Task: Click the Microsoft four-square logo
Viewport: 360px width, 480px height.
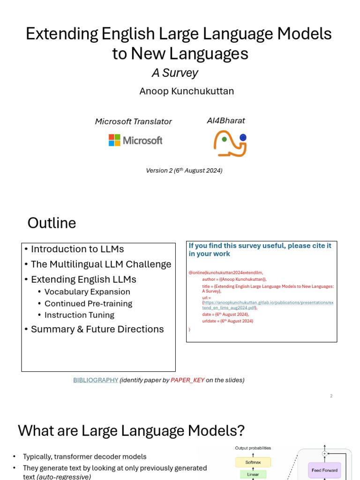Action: tap(114, 140)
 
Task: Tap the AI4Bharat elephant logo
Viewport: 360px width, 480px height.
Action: tap(230, 143)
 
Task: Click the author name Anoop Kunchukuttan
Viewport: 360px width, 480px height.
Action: tap(186, 91)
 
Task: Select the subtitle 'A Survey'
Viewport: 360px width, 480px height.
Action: tap(174, 73)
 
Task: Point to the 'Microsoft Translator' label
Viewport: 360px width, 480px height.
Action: tap(133, 121)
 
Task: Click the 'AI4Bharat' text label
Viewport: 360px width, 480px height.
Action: tap(225, 120)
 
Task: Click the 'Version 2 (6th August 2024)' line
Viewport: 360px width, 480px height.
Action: tap(184, 171)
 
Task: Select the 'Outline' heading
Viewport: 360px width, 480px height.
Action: tap(52, 223)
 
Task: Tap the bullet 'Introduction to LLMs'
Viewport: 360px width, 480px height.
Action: tap(77, 249)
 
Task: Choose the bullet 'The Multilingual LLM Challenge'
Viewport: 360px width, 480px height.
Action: tap(101, 264)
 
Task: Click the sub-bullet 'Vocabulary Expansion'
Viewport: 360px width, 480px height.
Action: tap(87, 292)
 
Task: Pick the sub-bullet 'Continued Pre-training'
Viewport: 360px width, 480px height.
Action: tap(88, 303)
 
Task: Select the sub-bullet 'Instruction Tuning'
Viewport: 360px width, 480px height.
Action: tap(79, 315)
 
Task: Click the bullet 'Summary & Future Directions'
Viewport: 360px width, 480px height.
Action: tap(97, 329)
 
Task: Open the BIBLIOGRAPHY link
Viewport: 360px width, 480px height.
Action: tap(96, 380)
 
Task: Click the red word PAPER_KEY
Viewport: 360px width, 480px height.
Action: tap(187, 380)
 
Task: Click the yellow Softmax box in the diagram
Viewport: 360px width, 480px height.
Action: tap(253, 462)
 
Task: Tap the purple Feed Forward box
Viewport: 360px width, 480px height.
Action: tap(324, 470)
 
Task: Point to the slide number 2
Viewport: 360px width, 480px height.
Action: tap(331, 396)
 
